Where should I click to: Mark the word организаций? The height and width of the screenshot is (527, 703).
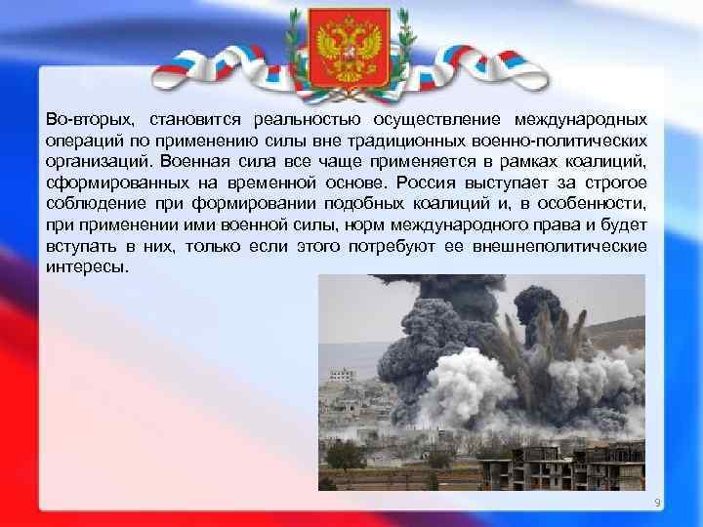95,161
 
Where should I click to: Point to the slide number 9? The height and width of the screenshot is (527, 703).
657,503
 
